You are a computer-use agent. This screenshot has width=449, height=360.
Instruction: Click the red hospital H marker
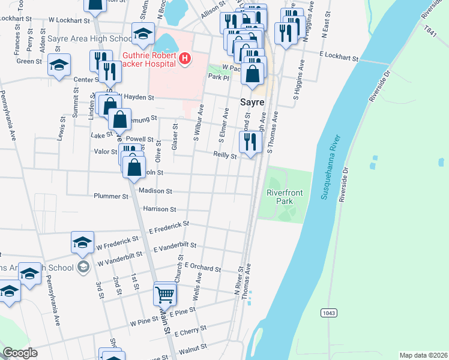click(185, 58)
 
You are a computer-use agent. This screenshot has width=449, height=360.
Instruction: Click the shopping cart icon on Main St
click(165, 294)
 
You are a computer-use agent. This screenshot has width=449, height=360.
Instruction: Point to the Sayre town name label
click(253, 102)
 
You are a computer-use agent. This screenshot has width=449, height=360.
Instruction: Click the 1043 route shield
click(328, 313)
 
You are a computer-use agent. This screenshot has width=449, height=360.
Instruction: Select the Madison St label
click(155, 191)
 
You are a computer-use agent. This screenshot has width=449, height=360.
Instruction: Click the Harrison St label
click(160, 209)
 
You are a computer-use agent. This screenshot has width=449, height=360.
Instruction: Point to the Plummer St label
click(111, 196)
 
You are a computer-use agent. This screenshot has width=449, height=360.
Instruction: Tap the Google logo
click(20, 353)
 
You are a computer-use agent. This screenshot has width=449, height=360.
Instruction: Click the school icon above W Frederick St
click(82, 242)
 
